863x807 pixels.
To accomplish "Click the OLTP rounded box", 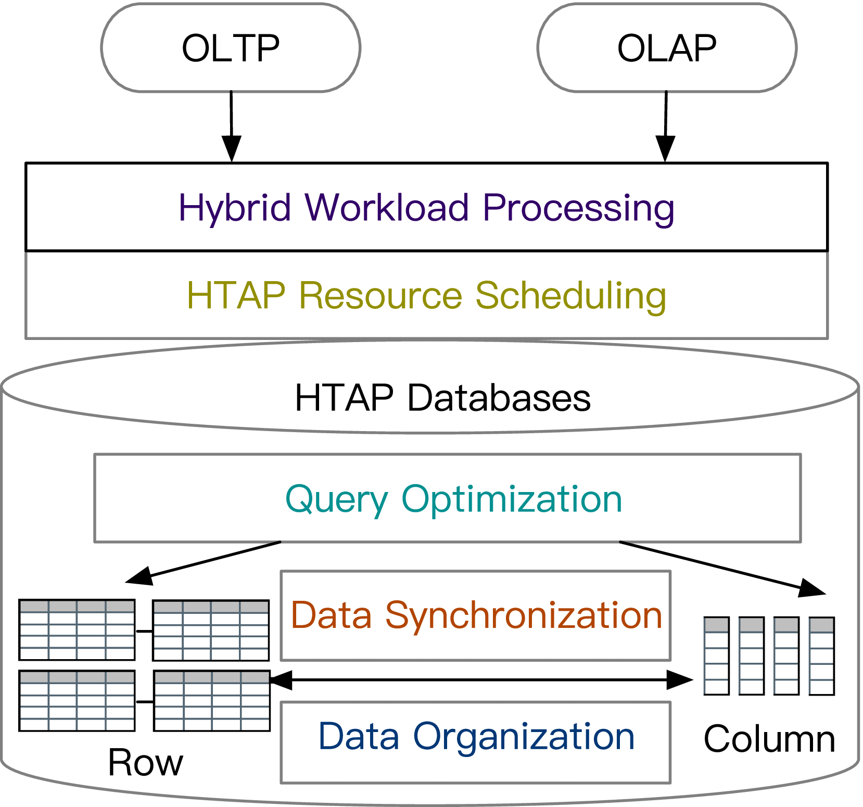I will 231,48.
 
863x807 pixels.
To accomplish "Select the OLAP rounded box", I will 667,48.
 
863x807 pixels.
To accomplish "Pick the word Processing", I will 578,208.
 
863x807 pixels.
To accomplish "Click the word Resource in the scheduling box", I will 380,296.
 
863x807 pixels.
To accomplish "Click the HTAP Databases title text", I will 442,398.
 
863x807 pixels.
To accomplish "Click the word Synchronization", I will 523,616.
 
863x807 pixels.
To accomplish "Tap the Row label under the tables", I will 146,763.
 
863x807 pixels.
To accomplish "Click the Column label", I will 769,739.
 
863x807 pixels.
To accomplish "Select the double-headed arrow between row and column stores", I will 481,679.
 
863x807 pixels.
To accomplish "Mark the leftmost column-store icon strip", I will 716,656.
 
